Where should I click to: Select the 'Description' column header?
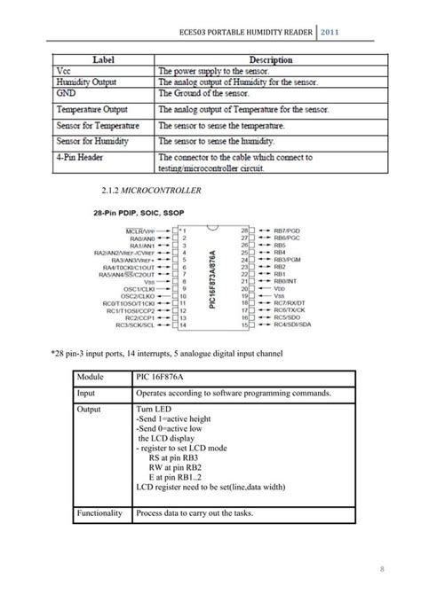tap(271, 59)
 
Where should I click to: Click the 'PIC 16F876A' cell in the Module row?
tap(159, 378)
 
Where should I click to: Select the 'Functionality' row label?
tap(99, 513)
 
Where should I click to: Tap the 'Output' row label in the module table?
tap(90, 409)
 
